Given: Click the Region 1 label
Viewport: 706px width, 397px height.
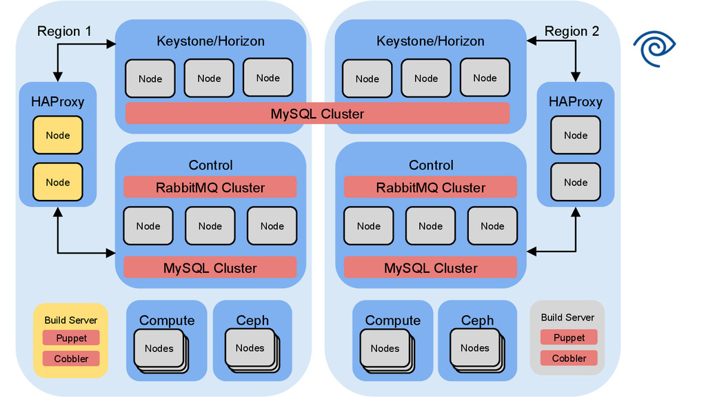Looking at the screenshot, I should (64, 31).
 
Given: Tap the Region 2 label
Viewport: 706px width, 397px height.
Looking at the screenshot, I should (572, 31).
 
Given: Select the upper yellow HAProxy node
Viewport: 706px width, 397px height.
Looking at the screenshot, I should (58, 135).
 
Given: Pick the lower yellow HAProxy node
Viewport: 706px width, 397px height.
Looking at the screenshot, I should (58, 182).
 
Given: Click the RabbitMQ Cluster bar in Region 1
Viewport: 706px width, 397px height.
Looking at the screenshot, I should (210, 187).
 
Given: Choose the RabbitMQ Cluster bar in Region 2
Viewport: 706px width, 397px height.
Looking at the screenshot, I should (431, 187).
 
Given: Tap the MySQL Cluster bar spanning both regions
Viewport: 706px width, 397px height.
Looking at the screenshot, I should (317, 114).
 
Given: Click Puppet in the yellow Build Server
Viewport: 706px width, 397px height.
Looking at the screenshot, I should (72, 338).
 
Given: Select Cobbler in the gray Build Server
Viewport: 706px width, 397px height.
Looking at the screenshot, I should (569, 358).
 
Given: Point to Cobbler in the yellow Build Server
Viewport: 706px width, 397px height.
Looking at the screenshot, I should (72, 358).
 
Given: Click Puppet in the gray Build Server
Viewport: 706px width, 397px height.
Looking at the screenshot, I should (569, 338).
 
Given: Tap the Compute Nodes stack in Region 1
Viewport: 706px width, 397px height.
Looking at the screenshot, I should (159, 349).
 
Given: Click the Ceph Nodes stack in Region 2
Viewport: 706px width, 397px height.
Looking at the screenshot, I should (475, 349).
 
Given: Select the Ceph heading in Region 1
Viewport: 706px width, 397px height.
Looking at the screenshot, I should (252, 320).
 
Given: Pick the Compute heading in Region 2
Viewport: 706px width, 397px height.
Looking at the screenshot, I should (393, 320).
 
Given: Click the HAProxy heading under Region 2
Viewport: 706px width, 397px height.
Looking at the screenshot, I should (576, 102).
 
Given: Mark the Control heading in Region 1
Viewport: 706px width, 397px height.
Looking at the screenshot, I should (210, 165).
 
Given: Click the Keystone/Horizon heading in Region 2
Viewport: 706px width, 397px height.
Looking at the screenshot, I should (430, 41).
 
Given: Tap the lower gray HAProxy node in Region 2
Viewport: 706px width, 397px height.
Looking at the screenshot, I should (576, 182).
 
